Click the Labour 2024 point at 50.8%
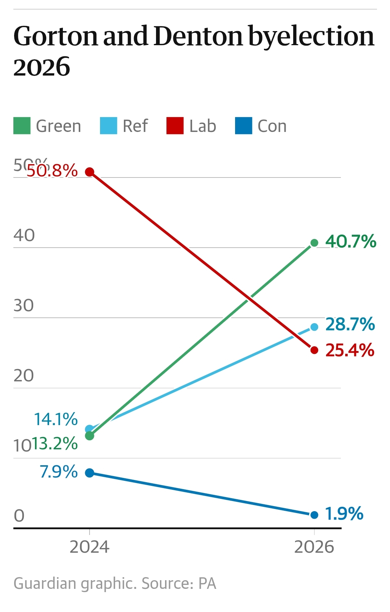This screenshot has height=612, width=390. [90, 172]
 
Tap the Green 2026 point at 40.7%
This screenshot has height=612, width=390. [314, 243]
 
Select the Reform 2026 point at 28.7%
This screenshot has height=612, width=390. [314, 327]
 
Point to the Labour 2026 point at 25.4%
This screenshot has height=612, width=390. [314, 350]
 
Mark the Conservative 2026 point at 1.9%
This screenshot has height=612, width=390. [314, 515]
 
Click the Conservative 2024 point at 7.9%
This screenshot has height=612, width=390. [90, 473]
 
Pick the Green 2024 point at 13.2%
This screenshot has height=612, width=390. [90, 436]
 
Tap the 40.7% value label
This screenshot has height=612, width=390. [351, 241]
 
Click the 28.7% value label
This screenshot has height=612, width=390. [350, 324]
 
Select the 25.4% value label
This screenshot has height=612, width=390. [350, 350]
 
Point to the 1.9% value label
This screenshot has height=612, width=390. [344, 514]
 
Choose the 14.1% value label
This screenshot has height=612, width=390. [56, 419]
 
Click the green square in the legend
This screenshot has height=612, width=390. [22, 126]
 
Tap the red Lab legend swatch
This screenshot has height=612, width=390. [175, 126]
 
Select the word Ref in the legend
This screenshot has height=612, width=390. [135, 126]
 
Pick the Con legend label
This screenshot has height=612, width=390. [272, 126]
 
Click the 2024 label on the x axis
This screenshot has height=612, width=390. [89, 547]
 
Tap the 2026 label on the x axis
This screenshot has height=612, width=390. [314, 547]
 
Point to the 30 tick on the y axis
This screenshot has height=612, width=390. [23, 306]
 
